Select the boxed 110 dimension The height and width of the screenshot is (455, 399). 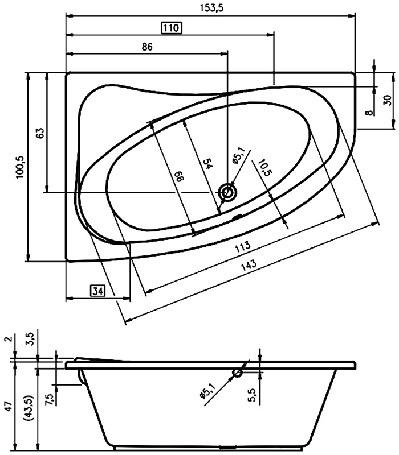[172, 27]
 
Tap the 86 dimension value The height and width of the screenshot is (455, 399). [146, 48]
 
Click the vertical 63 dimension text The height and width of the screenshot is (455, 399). [39, 134]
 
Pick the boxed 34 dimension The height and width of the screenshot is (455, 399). [97, 292]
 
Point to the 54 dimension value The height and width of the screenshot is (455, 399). [208, 163]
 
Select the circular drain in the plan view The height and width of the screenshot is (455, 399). [229, 192]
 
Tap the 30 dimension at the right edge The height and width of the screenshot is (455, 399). [387, 100]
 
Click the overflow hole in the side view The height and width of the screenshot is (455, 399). [238, 373]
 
